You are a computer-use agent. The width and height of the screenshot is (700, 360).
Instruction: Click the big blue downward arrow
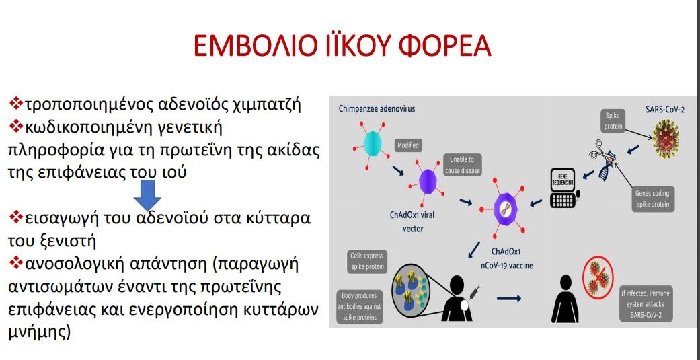pyautogui.click(x=147, y=195)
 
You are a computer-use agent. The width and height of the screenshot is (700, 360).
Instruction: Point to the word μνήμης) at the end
pyautogui.click(x=39, y=332)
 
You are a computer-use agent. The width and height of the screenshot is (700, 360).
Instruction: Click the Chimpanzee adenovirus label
pyautogui.click(x=377, y=108)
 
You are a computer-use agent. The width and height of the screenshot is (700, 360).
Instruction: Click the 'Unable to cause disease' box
pyautogui.click(x=462, y=165)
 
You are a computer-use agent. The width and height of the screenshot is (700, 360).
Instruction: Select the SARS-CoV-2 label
pyautogui.click(x=665, y=110)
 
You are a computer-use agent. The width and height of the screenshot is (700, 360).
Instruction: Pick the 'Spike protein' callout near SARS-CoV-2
pyautogui.click(x=612, y=121)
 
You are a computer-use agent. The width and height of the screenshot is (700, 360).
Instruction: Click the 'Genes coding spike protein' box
pyautogui.click(x=652, y=199)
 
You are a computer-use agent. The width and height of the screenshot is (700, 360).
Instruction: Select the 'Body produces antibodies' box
pyautogui.click(x=359, y=307)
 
